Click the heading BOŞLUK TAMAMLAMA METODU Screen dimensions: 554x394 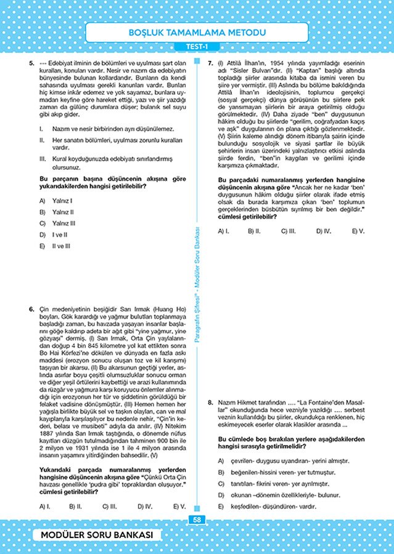coord(197,32)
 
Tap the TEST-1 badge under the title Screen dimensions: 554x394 coord(197,47)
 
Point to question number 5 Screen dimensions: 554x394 coord(31,63)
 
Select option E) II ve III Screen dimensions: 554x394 coord(58,246)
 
